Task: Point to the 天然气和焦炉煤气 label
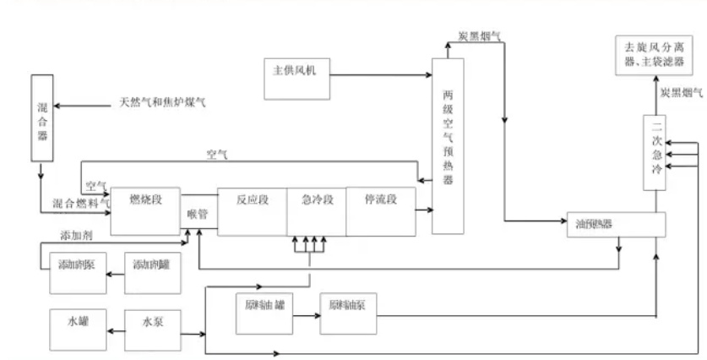click(x=160, y=104)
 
